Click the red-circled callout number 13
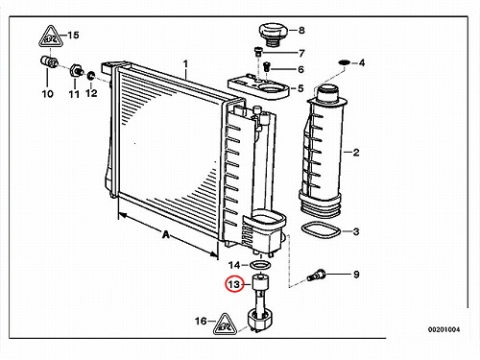click(234, 284)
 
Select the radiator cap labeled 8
click(273, 35)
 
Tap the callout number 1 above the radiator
click(185, 64)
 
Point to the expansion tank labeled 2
click(324, 151)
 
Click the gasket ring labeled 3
click(321, 230)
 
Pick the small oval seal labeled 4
click(345, 61)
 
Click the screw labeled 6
click(267, 67)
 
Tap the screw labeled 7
click(258, 51)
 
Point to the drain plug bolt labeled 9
click(316, 276)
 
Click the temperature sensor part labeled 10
click(49, 62)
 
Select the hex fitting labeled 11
click(76, 70)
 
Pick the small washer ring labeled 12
click(91, 76)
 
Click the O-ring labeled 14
click(260, 265)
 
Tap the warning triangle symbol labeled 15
click(50, 36)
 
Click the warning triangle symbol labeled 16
click(225, 324)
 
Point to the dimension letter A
click(165, 235)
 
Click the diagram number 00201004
click(444, 329)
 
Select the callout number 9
click(356, 275)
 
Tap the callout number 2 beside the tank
click(356, 153)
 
